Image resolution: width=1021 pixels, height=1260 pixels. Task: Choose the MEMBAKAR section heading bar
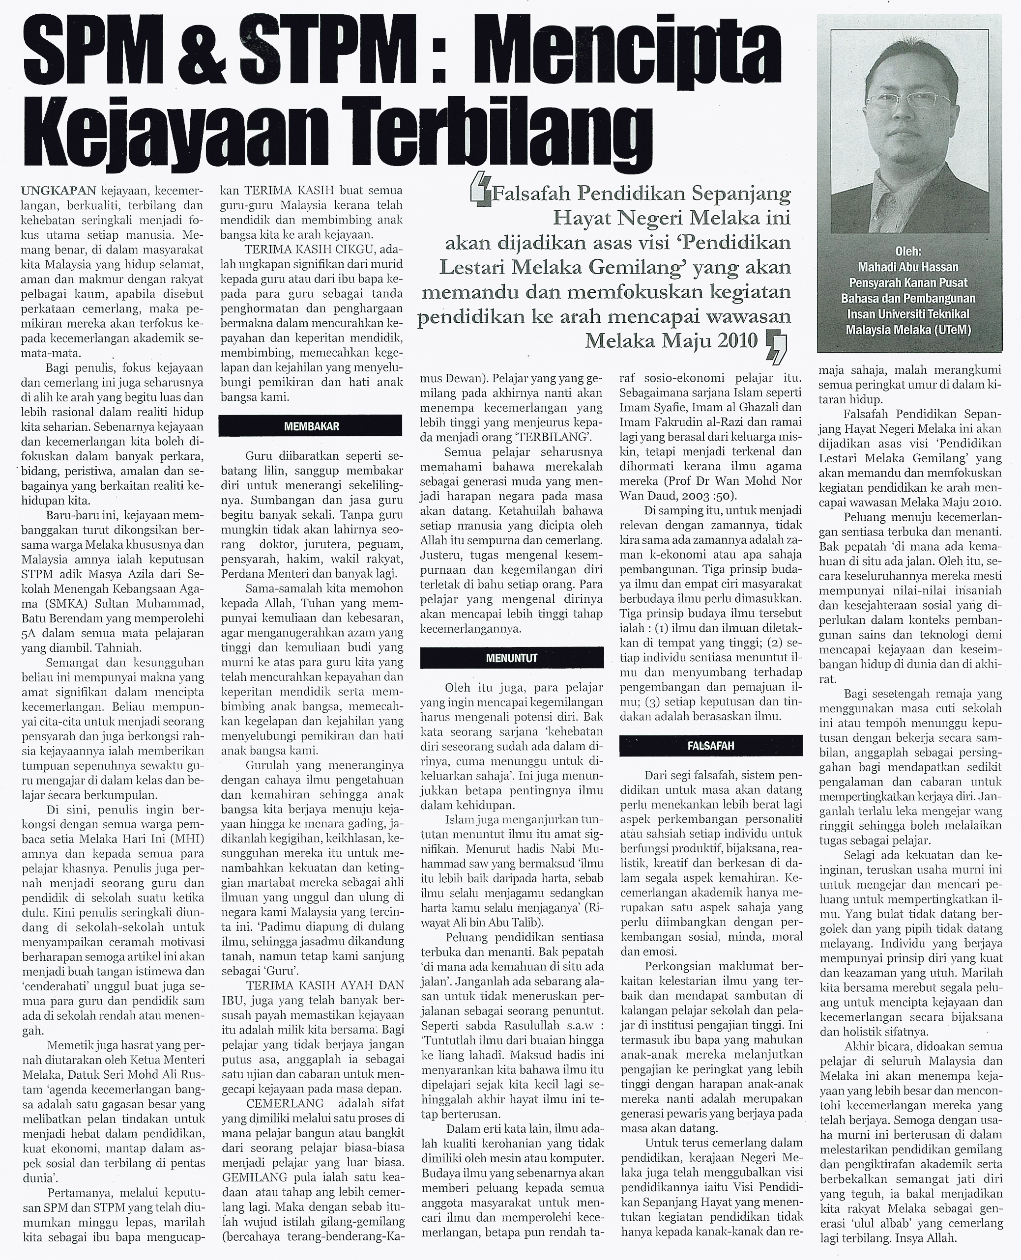(x=310, y=426)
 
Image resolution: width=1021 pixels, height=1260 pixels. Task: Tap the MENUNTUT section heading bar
(x=511, y=658)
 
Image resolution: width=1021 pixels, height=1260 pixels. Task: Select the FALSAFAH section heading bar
(x=710, y=746)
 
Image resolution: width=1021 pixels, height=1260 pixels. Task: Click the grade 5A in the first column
(x=29, y=633)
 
